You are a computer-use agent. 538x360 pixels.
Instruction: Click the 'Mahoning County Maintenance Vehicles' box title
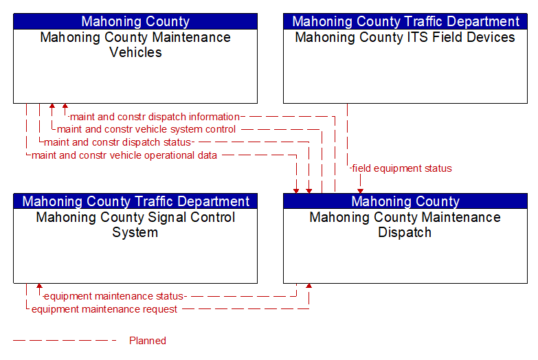[x=135, y=45]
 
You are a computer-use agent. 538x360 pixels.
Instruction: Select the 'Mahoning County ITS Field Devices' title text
[x=405, y=37]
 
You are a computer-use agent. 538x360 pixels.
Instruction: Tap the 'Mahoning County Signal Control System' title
[x=135, y=225]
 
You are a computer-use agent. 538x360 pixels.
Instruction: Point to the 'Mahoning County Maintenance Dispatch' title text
[x=405, y=225]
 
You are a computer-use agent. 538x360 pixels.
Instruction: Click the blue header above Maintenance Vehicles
[x=135, y=21]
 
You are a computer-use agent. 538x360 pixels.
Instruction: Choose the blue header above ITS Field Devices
[x=405, y=21]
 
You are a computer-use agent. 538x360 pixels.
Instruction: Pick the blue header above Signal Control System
[x=135, y=201]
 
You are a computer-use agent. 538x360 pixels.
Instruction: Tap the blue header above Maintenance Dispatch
[x=405, y=201]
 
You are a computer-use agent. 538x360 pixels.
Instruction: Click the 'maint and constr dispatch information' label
[x=155, y=117]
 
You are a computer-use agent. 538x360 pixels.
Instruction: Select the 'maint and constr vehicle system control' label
[x=146, y=129]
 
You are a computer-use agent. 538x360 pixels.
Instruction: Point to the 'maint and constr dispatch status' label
[x=117, y=142]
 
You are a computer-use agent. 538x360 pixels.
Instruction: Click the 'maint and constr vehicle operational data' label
[x=124, y=155]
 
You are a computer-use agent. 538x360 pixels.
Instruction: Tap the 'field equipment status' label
[x=402, y=168]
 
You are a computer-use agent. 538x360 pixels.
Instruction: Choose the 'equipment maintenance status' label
[x=113, y=296]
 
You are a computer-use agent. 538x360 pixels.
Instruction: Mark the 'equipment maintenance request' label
[x=104, y=309]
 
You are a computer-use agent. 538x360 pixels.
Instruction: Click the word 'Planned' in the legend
[x=148, y=341]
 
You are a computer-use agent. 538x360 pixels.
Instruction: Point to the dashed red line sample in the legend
[x=65, y=341]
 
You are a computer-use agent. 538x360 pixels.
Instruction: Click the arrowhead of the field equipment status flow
[x=360, y=191]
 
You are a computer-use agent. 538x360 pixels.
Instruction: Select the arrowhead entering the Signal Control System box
[x=39, y=286]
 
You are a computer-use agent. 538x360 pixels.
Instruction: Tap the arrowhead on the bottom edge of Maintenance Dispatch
[x=309, y=286]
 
